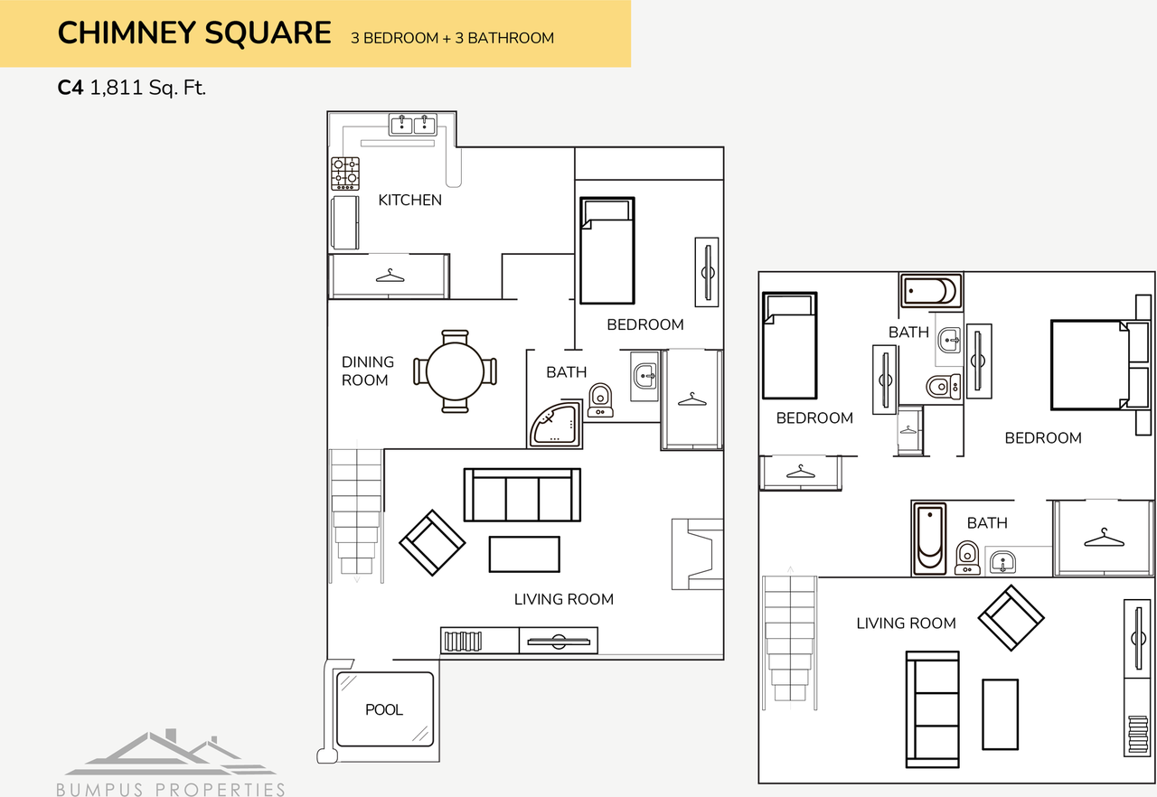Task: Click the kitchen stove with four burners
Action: pyautogui.click(x=344, y=173)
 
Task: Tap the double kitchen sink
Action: pyautogui.click(x=413, y=125)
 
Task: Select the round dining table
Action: pyautogui.click(x=456, y=371)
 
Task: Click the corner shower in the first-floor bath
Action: pyautogui.click(x=555, y=427)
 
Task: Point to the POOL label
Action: pyautogui.click(x=384, y=710)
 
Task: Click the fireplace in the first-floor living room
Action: pyautogui.click(x=697, y=554)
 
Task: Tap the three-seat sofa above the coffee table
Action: pyautogui.click(x=522, y=495)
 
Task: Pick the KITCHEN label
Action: pyautogui.click(x=409, y=201)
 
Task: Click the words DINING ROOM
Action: pyautogui.click(x=367, y=371)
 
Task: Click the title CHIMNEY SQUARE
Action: pyautogui.click(x=194, y=33)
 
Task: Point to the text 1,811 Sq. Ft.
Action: pyautogui.click(x=148, y=89)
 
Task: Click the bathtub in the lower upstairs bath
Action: pyautogui.click(x=928, y=539)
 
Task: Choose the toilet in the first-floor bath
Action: pyautogui.click(x=600, y=400)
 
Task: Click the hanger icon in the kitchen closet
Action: pyautogui.click(x=390, y=275)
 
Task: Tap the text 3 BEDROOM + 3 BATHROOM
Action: pyautogui.click(x=452, y=38)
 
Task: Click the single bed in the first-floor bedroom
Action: pyautogui.click(x=607, y=250)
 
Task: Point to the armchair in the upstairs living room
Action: pyautogui.click(x=1011, y=618)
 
